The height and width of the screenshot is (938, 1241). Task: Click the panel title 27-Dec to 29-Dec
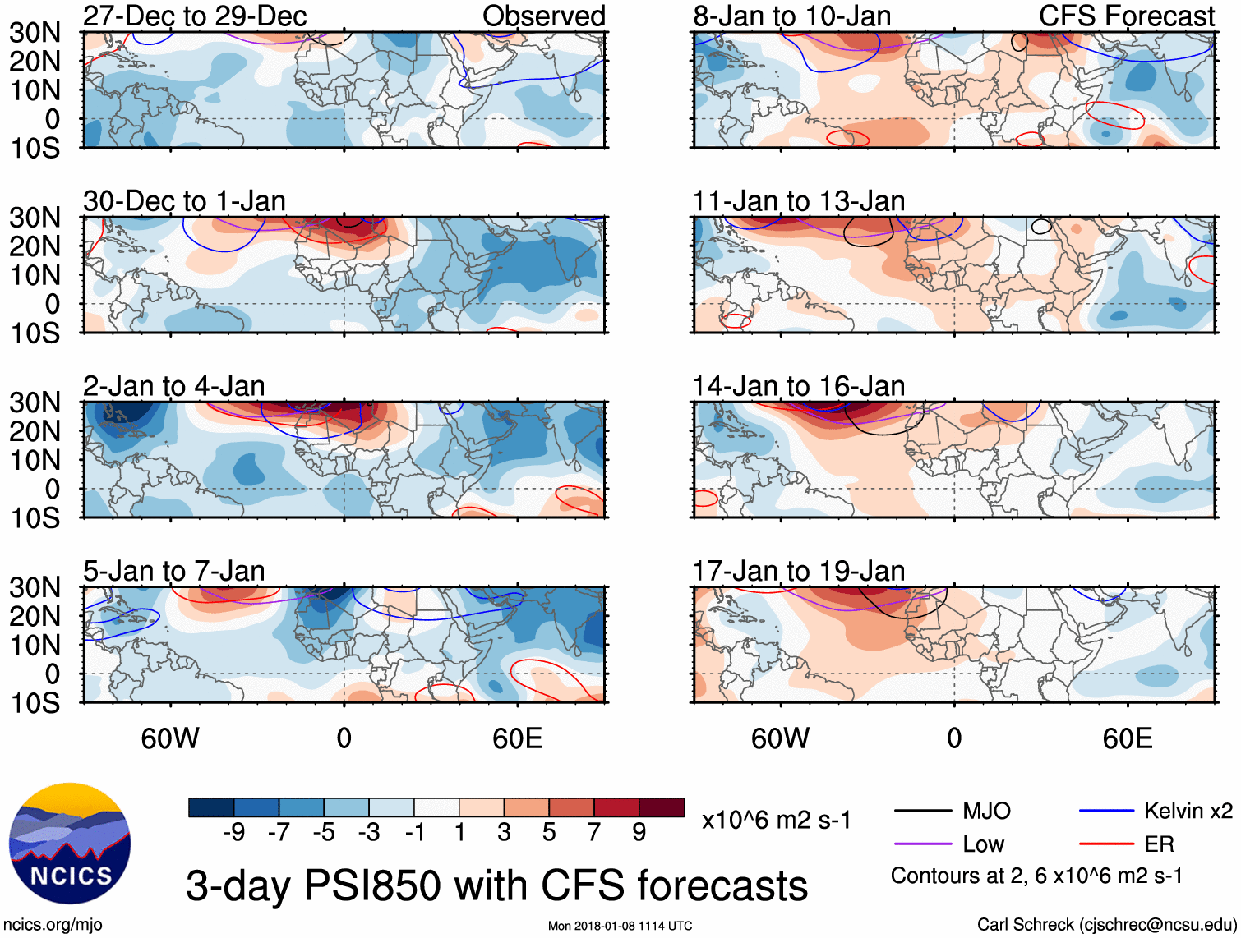195,16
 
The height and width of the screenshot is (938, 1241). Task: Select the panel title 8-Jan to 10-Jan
791,16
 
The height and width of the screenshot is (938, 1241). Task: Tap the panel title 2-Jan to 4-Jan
173,386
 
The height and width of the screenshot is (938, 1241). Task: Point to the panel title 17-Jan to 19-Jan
798,571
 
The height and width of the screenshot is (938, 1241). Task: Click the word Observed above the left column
543,16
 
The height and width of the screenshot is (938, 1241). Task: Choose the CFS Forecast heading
1126,16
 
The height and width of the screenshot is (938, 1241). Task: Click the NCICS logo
70,844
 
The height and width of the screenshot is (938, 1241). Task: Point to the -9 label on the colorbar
233,833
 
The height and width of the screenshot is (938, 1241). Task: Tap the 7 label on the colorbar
594,833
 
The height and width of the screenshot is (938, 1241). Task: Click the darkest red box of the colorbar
662,807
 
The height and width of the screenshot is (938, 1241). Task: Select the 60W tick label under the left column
170,738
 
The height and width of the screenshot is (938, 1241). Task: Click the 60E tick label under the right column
1127,738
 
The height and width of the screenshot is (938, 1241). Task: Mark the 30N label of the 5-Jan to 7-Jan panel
35,587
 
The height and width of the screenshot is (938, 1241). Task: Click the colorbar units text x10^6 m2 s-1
776,821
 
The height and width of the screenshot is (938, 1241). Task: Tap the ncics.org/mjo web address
53,925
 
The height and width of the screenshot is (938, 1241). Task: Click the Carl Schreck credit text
1106,925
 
